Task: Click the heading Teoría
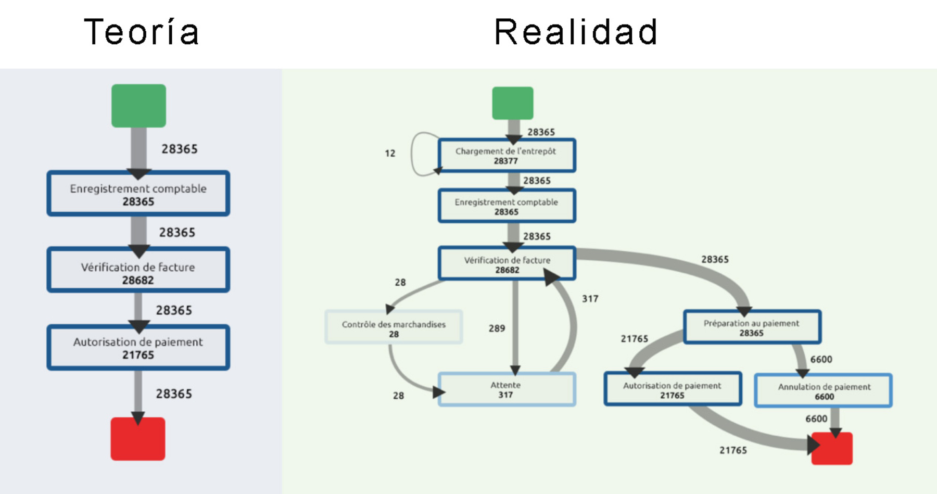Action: coord(142,32)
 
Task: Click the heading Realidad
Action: coord(576,32)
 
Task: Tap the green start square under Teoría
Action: coord(138,106)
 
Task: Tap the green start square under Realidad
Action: coord(513,103)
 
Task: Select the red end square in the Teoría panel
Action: coord(138,439)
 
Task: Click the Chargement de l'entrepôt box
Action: coord(507,156)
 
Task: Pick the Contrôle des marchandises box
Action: coord(394,327)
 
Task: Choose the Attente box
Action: coord(507,389)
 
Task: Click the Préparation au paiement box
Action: coord(752,327)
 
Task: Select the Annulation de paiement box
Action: coord(824,390)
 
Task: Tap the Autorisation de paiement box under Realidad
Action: coord(673,389)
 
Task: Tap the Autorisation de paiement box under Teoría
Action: coord(138,348)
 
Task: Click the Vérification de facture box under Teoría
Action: coord(138,270)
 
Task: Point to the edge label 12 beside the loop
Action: coord(390,154)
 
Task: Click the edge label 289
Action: coord(497,328)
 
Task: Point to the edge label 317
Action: coord(590,299)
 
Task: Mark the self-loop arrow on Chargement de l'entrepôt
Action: coord(413,154)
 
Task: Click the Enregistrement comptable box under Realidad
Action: coord(507,206)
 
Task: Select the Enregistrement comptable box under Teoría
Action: coord(138,194)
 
